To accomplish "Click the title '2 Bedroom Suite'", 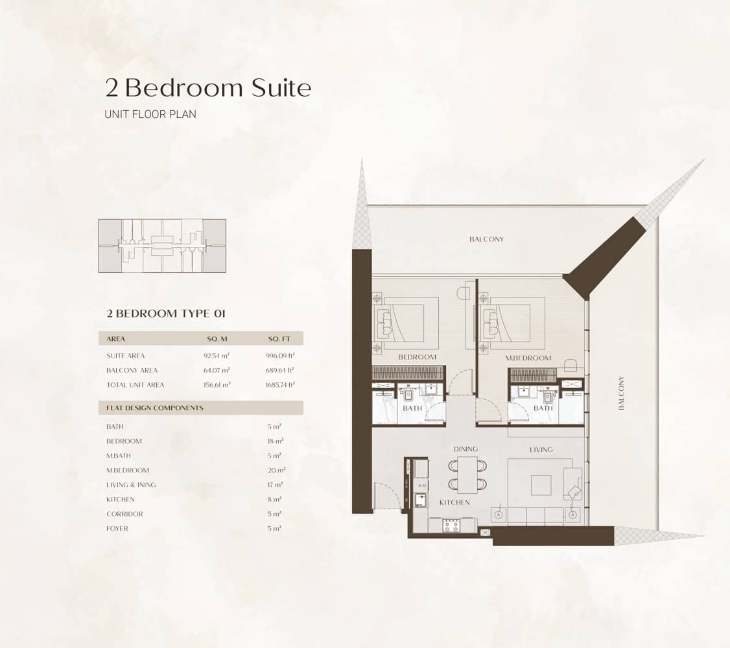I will [x=208, y=87].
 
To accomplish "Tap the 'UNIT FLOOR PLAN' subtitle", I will [x=150, y=114].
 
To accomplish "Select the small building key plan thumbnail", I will [x=162, y=246].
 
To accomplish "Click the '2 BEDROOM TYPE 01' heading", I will [x=165, y=314].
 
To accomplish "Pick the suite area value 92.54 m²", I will [x=217, y=356].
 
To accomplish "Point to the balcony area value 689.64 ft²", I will [x=281, y=371].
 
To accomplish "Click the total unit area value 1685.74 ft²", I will [x=281, y=385].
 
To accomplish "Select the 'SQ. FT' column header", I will [x=280, y=339].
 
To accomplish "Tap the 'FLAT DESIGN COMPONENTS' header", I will [x=155, y=408].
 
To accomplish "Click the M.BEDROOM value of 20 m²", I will [x=276, y=470].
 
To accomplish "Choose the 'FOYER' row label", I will [x=117, y=529].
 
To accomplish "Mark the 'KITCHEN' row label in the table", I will [x=121, y=500].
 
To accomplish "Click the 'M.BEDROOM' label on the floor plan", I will [x=528, y=358].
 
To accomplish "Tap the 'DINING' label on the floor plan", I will [x=465, y=449].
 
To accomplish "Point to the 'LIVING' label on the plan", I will [x=541, y=450].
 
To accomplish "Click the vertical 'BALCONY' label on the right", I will [x=621, y=393].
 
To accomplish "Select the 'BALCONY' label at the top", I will [x=486, y=239].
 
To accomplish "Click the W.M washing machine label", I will [x=421, y=485].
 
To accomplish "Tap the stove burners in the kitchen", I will [x=451, y=526].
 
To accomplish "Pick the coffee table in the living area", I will [x=541, y=485].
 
